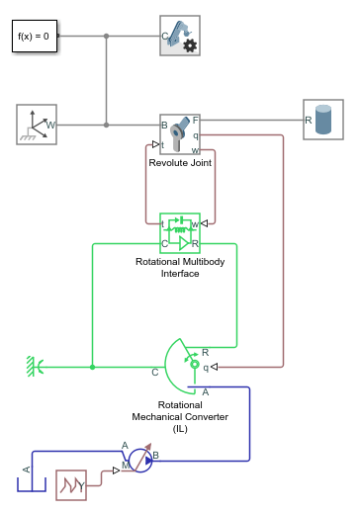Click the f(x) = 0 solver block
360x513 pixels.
(34, 37)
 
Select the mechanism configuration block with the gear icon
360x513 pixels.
(180, 36)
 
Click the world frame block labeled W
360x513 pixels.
(37, 126)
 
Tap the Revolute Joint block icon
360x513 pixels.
(180, 132)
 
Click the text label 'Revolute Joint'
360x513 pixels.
(180, 162)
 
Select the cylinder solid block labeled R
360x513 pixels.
(323, 119)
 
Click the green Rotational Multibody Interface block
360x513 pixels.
(180, 233)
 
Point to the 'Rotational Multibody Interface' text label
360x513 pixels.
(180, 268)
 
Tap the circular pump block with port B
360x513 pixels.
(139, 460)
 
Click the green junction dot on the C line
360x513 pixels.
(92, 367)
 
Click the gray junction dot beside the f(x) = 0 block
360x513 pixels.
(106, 37)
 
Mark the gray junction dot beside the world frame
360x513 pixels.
(106, 126)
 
